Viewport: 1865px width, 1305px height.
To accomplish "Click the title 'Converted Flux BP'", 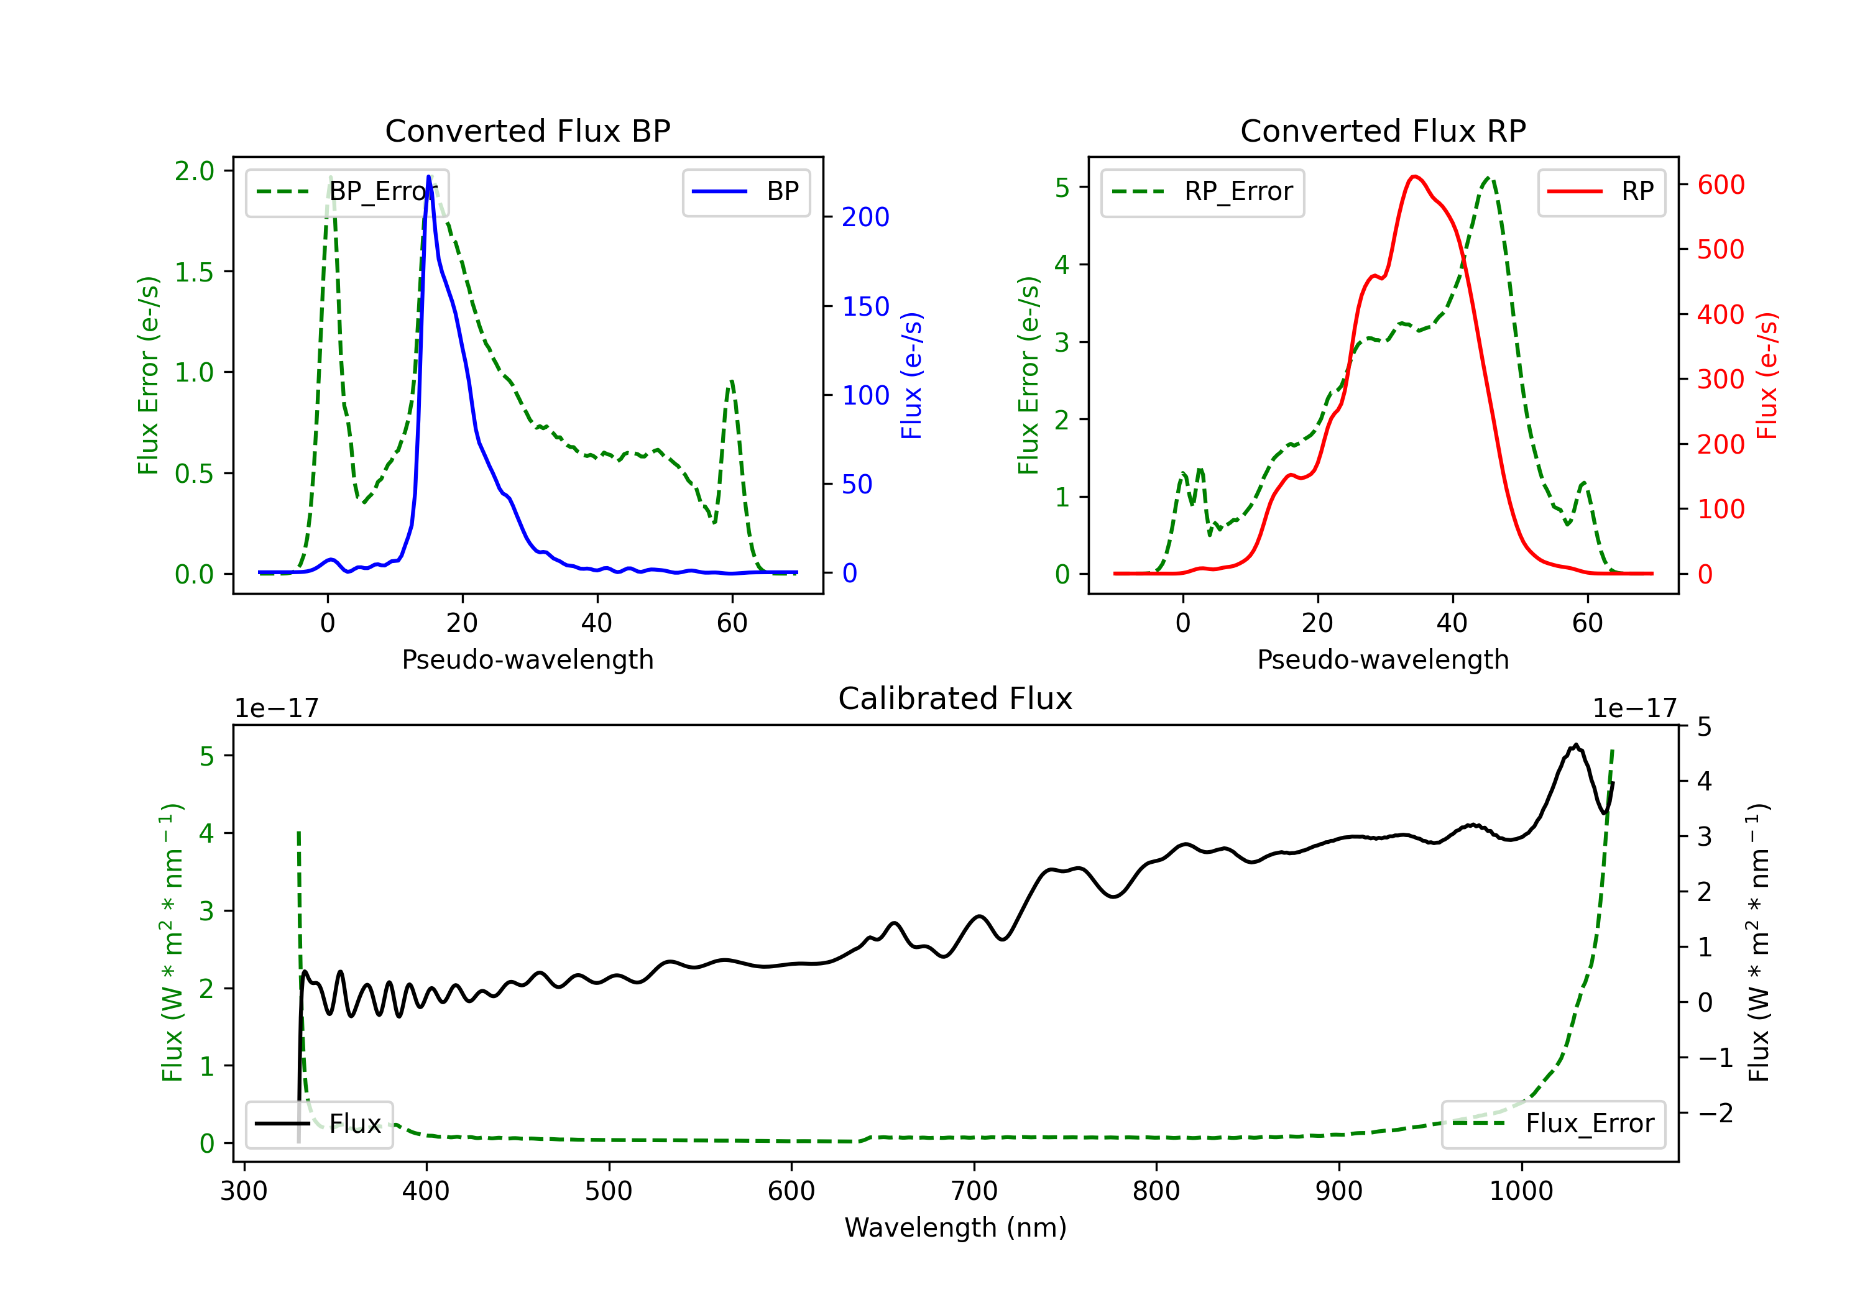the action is tap(528, 130).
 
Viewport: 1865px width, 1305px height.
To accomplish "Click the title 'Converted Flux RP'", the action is tap(1383, 130).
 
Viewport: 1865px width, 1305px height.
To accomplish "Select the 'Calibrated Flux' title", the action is tap(956, 698).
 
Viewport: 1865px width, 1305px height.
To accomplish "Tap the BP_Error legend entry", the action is tap(348, 191).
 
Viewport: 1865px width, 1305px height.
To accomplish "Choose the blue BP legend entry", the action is tap(745, 191).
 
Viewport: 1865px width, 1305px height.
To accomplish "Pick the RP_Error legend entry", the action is tap(1202, 191).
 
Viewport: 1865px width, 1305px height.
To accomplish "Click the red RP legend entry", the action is tap(1601, 191).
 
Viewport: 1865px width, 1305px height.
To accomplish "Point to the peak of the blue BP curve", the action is tap(429, 176).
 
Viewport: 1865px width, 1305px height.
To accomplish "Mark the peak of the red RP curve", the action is tap(1414, 176).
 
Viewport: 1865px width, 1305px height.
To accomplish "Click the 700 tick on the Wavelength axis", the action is tap(974, 1191).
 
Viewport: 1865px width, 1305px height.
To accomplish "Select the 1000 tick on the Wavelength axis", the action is tap(1521, 1191).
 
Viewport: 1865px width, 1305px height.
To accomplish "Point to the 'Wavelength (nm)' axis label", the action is tap(956, 1227).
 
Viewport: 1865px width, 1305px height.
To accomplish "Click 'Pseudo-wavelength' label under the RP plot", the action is tap(1383, 659).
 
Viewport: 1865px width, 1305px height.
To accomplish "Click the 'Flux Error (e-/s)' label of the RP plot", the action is tap(1028, 375).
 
